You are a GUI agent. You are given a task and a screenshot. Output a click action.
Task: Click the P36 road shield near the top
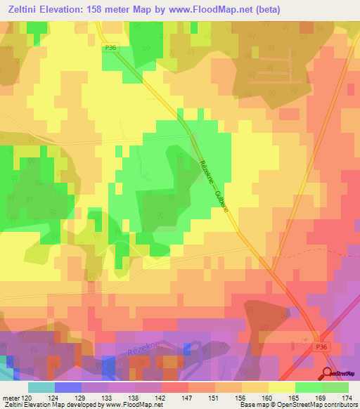108,47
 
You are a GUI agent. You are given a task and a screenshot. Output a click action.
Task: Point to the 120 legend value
27,397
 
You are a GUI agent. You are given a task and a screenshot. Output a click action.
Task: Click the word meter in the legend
10,397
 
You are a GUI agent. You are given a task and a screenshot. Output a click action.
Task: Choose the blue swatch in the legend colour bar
67,387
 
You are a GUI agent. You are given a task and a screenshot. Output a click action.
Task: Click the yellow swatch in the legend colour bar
281,387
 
